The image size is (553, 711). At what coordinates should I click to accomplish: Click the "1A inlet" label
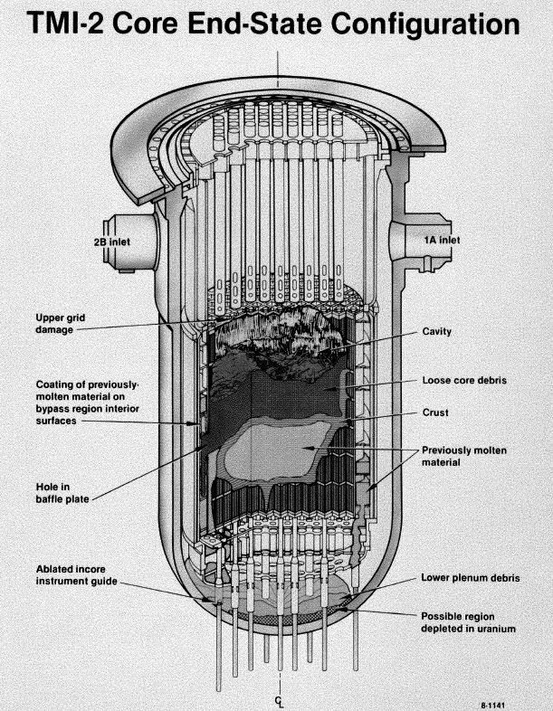[443, 240]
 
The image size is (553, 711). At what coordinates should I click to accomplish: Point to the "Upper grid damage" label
[57, 323]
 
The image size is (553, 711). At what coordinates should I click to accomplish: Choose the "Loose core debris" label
[464, 380]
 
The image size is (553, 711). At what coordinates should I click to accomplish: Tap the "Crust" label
[435, 412]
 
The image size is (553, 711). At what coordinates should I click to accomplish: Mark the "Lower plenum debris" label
[470, 577]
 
